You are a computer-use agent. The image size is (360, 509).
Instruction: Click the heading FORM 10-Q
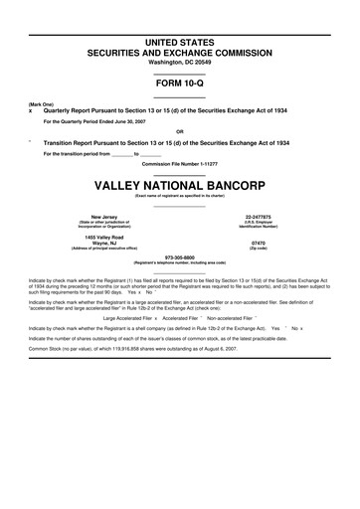pos(179,85)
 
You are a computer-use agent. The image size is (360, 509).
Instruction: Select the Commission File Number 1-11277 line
pos(179,165)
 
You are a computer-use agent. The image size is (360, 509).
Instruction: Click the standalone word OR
pos(179,131)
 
